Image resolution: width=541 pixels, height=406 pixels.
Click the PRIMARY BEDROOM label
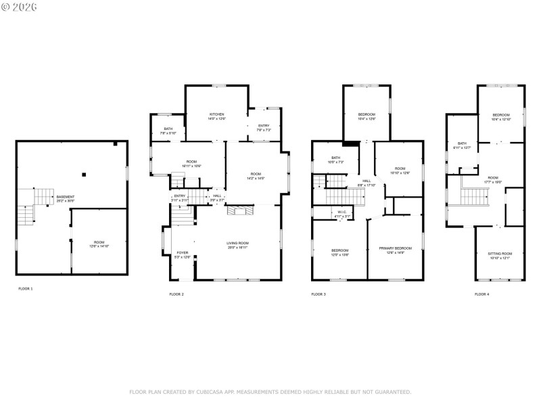pyautogui.click(x=395, y=250)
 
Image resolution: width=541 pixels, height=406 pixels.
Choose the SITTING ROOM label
pyautogui.click(x=500, y=255)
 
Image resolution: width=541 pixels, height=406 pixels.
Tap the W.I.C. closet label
pyautogui.click(x=343, y=214)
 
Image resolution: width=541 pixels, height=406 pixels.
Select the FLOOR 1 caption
pyautogui.click(x=25, y=289)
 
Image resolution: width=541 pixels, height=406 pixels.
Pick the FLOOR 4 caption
pyautogui.click(x=481, y=294)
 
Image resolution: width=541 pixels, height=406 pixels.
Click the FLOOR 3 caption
pyautogui.click(x=318, y=294)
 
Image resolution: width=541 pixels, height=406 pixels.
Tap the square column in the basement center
pyautogui.click(x=84, y=175)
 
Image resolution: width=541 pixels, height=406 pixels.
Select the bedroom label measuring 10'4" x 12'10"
pyautogui.click(x=501, y=117)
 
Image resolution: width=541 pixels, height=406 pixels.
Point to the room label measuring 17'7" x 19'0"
pyautogui.click(x=493, y=179)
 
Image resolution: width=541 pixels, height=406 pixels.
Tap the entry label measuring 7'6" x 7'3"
pyautogui.click(x=264, y=127)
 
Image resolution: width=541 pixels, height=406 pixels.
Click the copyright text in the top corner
pyautogui.click(x=20, y=7)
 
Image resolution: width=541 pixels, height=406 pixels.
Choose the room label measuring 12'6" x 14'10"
pyautogui.click(x=99, y=244)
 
